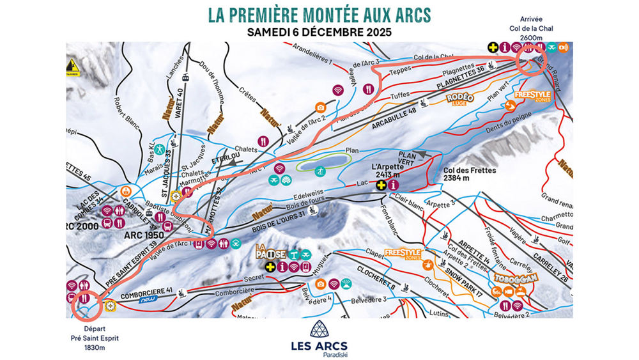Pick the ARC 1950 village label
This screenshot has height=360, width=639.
pos(144,235)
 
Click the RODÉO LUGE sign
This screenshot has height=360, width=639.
pos(459,98)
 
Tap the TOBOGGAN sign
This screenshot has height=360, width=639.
pos(515,278)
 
